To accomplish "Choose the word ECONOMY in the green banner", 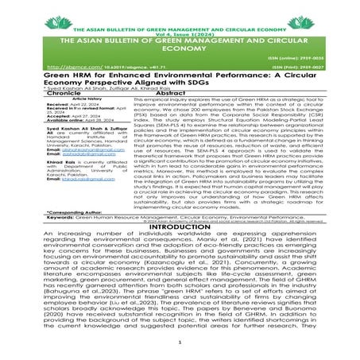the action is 180,48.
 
